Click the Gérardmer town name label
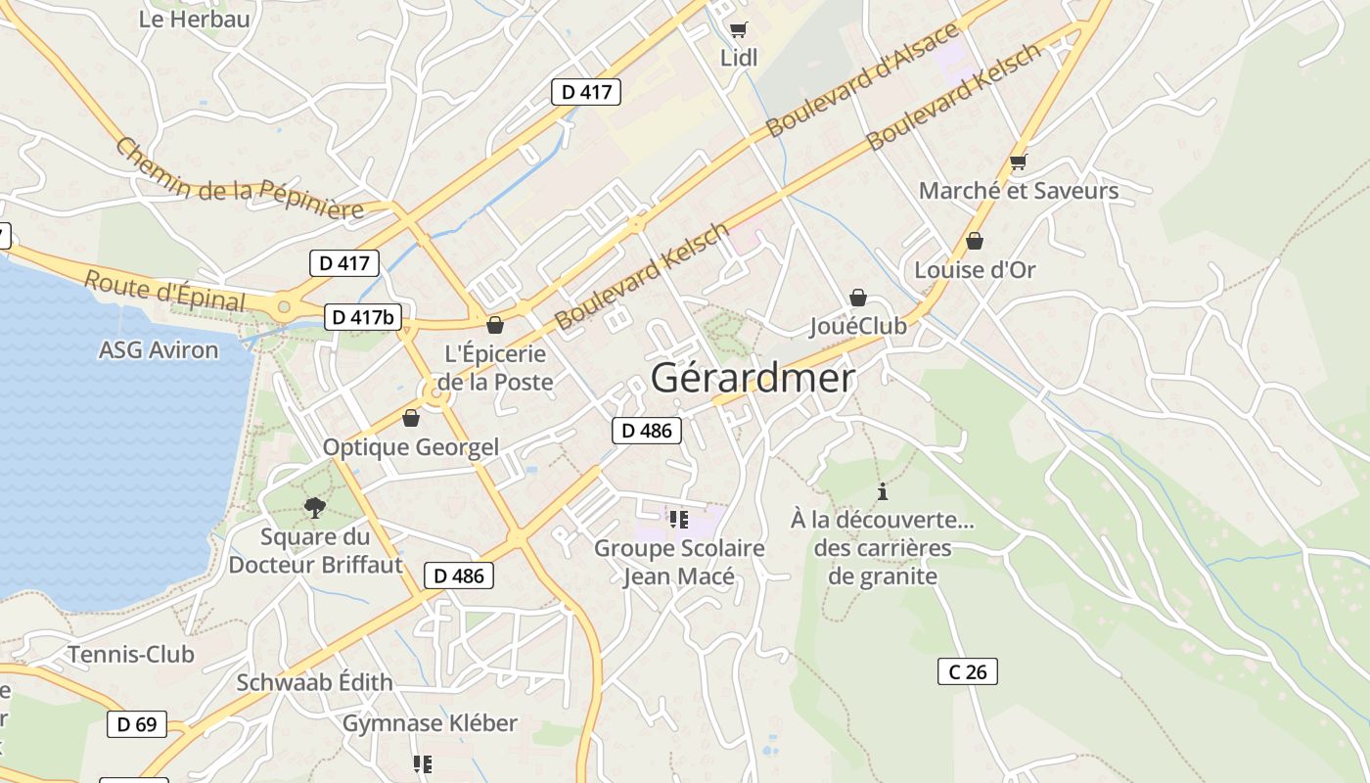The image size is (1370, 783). coord(752,379)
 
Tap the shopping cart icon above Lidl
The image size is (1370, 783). coord(738,29)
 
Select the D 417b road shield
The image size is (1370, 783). coord(363,317)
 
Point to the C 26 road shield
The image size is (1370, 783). coord(968,671)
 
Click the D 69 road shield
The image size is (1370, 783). coord(137,724)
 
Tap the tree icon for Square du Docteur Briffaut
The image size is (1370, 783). coord(314,507)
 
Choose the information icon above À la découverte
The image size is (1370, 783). coord(883,491)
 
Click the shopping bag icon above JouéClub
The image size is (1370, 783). coord(858,298)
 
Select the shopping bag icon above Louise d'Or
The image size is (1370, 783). coord(975,241)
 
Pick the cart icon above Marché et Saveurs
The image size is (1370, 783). coord(1018,162)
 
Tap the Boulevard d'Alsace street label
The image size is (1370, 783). coord(862,80)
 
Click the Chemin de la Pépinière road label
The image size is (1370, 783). coord(239,179)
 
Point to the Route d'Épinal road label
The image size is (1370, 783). coord(164,291)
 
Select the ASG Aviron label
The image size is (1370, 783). coord(159,349)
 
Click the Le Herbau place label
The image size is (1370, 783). coord(194,19)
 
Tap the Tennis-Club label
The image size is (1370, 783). coord(131,654)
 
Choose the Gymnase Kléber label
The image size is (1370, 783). coord(430,723)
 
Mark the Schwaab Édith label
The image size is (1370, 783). coord(314,682)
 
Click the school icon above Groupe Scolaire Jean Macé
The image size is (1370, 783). coord(679,519)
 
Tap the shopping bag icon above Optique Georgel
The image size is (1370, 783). coord(411,419)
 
